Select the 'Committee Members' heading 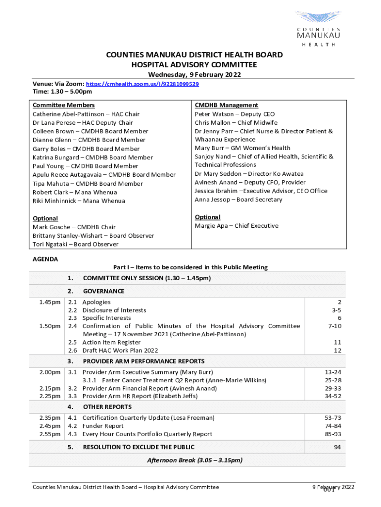(x=63, y=105)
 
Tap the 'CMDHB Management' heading (x=226, y=105)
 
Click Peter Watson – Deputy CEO (x=235, y=114)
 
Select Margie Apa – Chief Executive (x=237, y=226)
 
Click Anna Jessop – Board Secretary (x=238, y=200)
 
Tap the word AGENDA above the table (x=45, y=259)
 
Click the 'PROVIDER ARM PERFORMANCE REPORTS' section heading (x=143, y=361)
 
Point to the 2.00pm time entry (x=51, y=372)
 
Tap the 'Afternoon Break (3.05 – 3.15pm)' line (x=195, y=460)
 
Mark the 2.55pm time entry (x=51, y=434)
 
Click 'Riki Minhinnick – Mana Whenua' (x=79, y=201)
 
